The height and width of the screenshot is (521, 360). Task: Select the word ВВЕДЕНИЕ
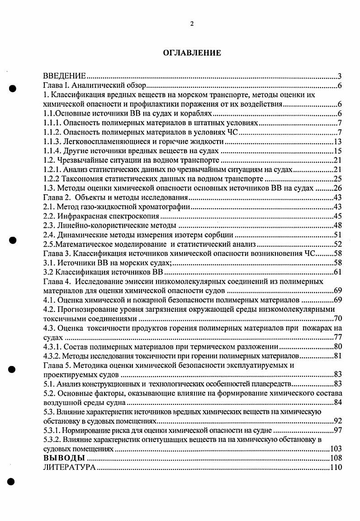click(64, 76)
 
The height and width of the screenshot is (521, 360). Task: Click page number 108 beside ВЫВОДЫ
click(336, 458)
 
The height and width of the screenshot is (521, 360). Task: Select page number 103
click(336, 450)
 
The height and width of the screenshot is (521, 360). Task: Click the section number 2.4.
click(48, 235)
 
